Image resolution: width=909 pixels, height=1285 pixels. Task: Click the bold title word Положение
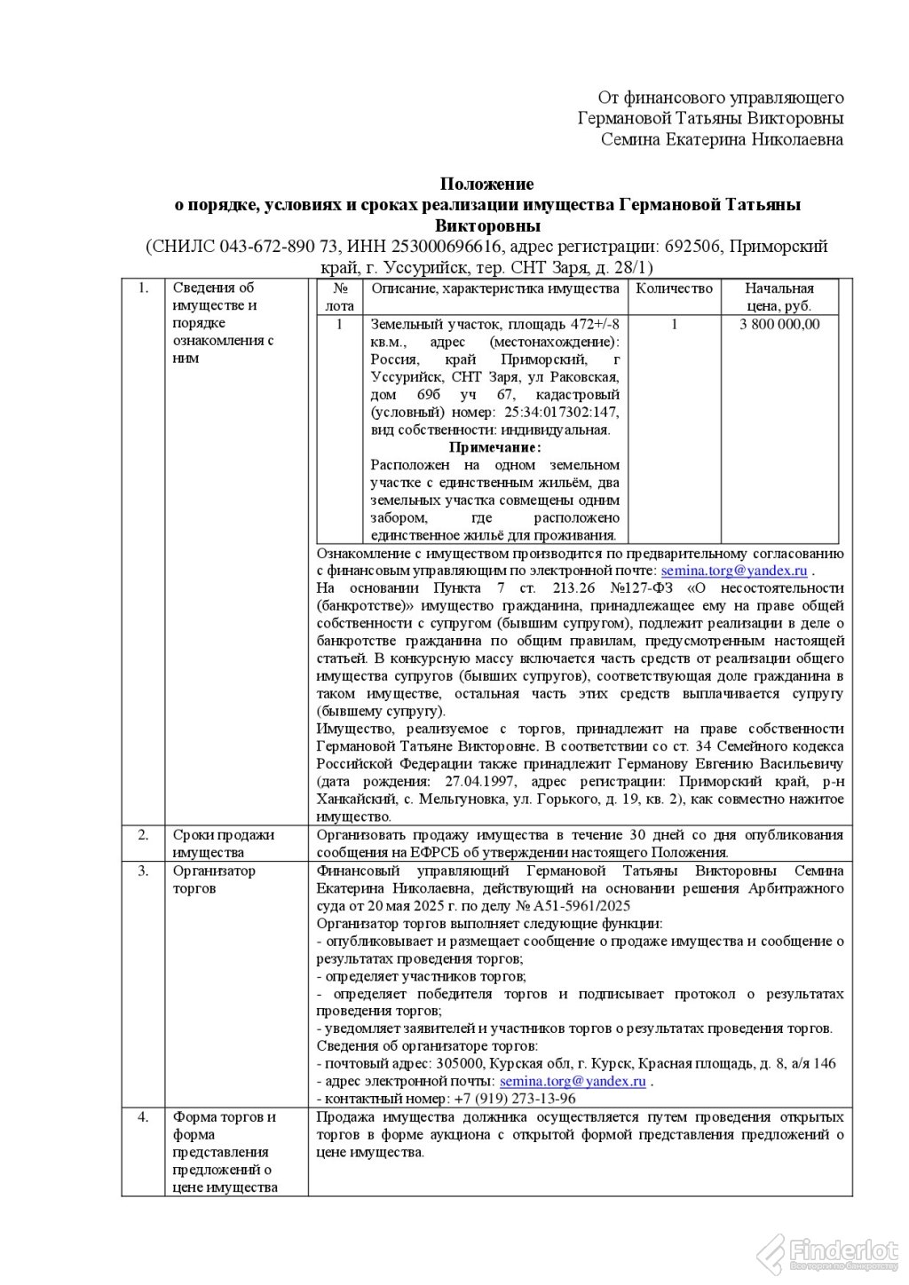[x=487, y=185]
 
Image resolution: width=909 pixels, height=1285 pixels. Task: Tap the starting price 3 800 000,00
[x=779, y=324]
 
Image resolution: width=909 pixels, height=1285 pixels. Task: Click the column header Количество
[x=674, y=288]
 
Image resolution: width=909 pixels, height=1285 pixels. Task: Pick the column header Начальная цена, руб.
[x=779, y=297]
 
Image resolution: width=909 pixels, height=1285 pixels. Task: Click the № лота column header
[x=339, y=297]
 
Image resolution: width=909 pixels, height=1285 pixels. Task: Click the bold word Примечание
[x=494, y=447]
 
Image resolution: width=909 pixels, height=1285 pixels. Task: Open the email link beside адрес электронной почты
[x=573, y=1081]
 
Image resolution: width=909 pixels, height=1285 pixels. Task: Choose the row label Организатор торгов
[x=213, y=879]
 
